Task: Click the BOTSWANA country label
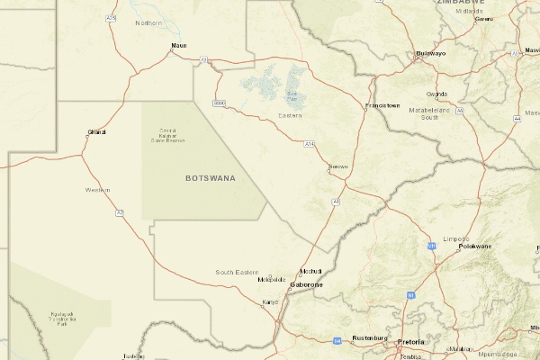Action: coord(210,178)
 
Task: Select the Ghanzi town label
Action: coord(96,132)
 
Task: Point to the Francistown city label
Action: coord(382,105)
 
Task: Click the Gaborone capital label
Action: coord(306,284)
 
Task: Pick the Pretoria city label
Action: coord(410,343)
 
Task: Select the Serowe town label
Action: coord(337,166)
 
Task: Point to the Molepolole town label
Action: coord(272,279)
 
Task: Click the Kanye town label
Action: coord(270,301)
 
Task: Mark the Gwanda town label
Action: coord(437,94)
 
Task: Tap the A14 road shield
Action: coord(309,143)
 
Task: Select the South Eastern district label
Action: coord(237,272)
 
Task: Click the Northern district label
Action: coord(148,23)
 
